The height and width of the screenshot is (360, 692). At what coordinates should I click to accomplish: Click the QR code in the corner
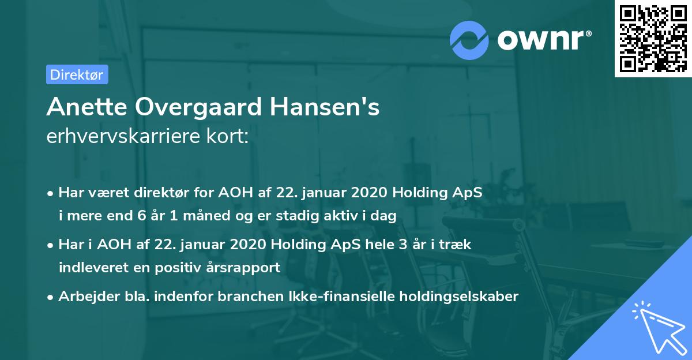coord(653,39)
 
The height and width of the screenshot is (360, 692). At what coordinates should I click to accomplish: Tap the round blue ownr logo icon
coord(469,39)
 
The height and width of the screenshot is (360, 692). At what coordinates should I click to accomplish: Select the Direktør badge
coord(77,74)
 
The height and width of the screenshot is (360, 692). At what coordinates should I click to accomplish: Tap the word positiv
coord(183,268)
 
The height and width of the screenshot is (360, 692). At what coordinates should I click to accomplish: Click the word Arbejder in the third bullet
coord(84,297)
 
